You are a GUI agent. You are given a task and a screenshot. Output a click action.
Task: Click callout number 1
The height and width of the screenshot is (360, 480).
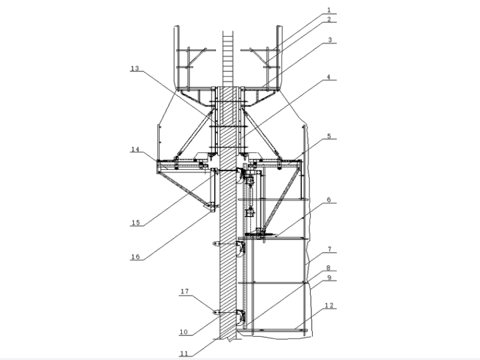tap(329, 10)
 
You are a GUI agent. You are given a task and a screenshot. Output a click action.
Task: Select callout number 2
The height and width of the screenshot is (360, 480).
tap(329, 20)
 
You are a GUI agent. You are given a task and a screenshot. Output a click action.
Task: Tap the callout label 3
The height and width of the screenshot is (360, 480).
tap(330, 40)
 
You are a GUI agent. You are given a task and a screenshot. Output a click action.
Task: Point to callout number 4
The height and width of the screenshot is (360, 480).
tap(328, 77)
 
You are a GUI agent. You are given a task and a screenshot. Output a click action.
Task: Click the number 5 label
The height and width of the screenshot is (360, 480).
tap(329, 136)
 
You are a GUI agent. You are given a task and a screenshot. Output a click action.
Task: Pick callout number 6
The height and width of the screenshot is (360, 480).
tap(329, 200)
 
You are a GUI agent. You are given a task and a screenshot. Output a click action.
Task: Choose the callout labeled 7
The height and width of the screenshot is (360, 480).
tap(330, 249)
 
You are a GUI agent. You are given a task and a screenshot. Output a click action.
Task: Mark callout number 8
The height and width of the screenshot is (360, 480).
tap(328, 268)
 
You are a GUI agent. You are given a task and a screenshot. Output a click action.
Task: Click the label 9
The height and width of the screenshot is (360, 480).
tap(329, 278)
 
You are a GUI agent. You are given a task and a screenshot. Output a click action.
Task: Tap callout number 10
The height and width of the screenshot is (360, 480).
tap(183, 332)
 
